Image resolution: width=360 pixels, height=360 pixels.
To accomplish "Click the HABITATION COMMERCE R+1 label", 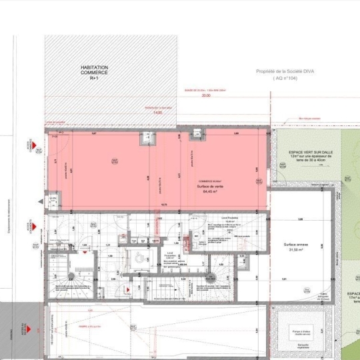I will [93, 73].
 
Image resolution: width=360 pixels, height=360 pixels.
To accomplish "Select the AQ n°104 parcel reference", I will [287, 78].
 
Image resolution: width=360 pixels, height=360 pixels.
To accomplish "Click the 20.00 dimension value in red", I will [205, 96].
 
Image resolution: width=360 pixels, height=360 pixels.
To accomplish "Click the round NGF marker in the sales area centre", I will [114, 161].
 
